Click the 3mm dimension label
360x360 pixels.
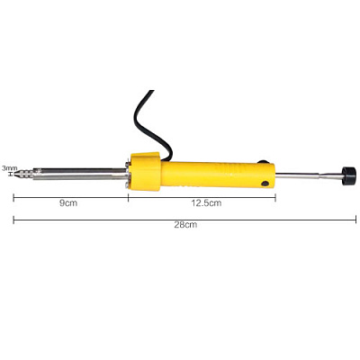tap(9, 168)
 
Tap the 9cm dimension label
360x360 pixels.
tap(68, 203)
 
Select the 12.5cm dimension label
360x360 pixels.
tap(206, 203)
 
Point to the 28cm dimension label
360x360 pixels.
tap(185, 225)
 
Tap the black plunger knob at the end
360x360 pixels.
tap(348, 175)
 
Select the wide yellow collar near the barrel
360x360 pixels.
tap(145, 171)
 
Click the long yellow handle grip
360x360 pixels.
tap(218, 175)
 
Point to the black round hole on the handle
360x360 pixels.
tap(265, 184)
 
